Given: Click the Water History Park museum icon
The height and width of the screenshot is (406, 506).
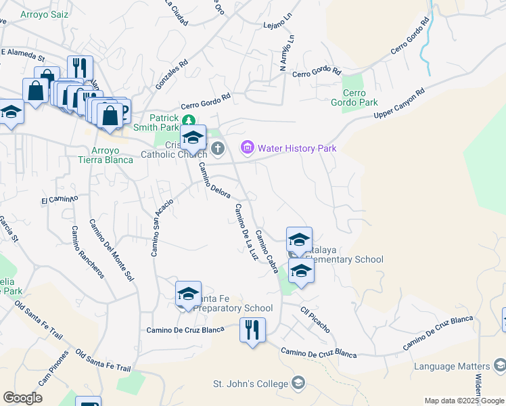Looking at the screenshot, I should (247, 148).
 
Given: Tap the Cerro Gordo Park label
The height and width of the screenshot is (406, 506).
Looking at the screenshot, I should (359, 97).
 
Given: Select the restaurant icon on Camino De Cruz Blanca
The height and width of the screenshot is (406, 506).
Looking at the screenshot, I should (252, 331).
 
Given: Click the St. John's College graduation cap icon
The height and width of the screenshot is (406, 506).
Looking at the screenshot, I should (298, 384).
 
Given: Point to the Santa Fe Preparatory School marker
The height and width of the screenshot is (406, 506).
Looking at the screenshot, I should (189, 294).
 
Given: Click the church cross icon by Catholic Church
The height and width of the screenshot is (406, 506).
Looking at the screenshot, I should (217, 148).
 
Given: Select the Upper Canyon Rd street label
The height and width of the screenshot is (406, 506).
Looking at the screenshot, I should (400, 105).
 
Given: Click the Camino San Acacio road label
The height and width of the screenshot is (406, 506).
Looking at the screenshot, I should (157, 231).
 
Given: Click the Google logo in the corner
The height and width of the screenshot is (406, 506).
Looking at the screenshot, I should (22, 397).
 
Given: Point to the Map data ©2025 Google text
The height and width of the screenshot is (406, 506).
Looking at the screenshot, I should (463, 401).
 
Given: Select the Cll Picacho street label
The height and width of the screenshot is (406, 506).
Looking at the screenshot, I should (315, 319).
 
